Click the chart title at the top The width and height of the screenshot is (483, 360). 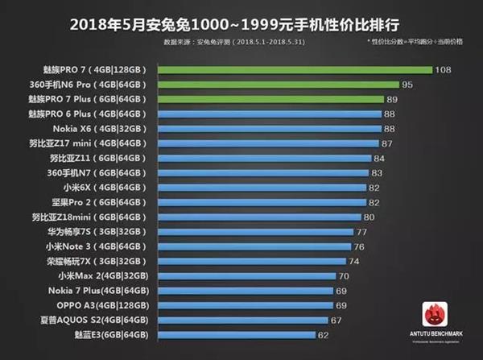coord(242,19)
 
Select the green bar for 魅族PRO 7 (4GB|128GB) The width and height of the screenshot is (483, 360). coord(295,70)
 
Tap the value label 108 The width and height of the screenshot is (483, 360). coord(442,70)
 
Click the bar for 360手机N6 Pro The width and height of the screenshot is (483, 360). coord(279,85)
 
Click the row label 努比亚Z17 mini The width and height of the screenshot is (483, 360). coord(97,143)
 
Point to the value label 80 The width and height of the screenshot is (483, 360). coord(369,217)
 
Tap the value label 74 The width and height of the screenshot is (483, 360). coord(354,261)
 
